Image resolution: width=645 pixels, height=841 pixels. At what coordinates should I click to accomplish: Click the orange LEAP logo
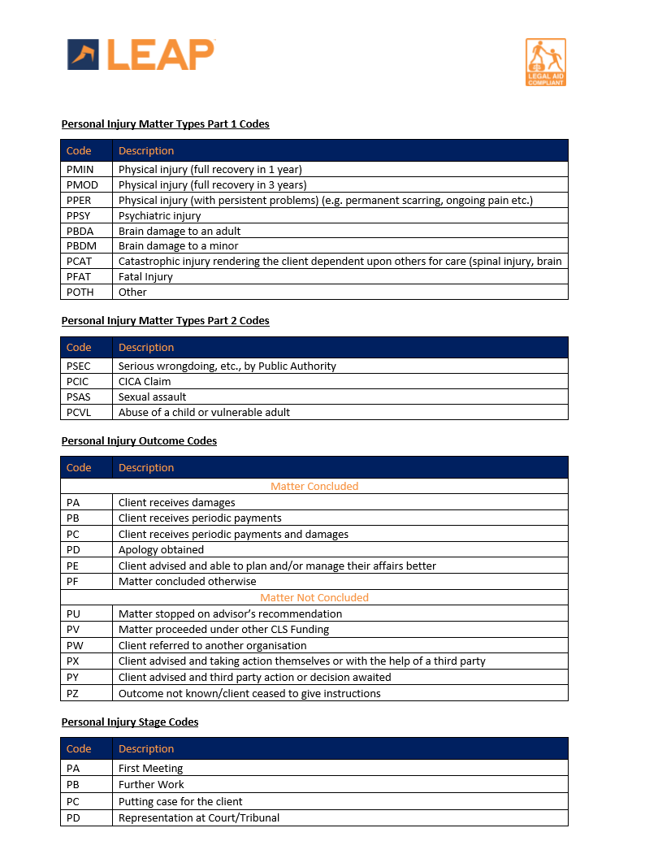[141, 54]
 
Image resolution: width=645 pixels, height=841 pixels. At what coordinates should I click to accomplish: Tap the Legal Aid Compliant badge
[546, 63]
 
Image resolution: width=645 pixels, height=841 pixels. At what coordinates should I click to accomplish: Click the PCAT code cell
[80, 262]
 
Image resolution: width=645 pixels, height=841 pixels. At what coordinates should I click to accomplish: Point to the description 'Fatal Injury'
[145, 277]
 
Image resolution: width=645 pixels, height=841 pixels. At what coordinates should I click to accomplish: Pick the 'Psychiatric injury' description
[159, 216]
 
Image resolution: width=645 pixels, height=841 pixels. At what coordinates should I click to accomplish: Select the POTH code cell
[80, 293]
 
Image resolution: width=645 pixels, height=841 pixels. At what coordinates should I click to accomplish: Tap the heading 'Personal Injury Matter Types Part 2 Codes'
[165, 321]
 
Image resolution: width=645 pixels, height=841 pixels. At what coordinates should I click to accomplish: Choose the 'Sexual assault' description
[152, 397]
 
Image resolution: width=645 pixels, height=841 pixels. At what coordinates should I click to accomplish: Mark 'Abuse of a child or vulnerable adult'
[204, 413]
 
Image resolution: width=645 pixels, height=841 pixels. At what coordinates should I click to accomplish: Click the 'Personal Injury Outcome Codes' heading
[139, 441]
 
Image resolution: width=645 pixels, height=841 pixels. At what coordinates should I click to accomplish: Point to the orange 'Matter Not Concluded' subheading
[314, 598]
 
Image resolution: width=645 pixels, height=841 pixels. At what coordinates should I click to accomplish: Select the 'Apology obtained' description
[161, 550]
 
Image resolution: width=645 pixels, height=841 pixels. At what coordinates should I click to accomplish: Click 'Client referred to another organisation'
[212, 646]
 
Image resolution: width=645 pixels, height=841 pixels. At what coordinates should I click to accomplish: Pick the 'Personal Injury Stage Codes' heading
[130, 722]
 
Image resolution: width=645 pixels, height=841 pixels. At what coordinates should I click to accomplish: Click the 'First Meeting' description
[150, 769]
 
